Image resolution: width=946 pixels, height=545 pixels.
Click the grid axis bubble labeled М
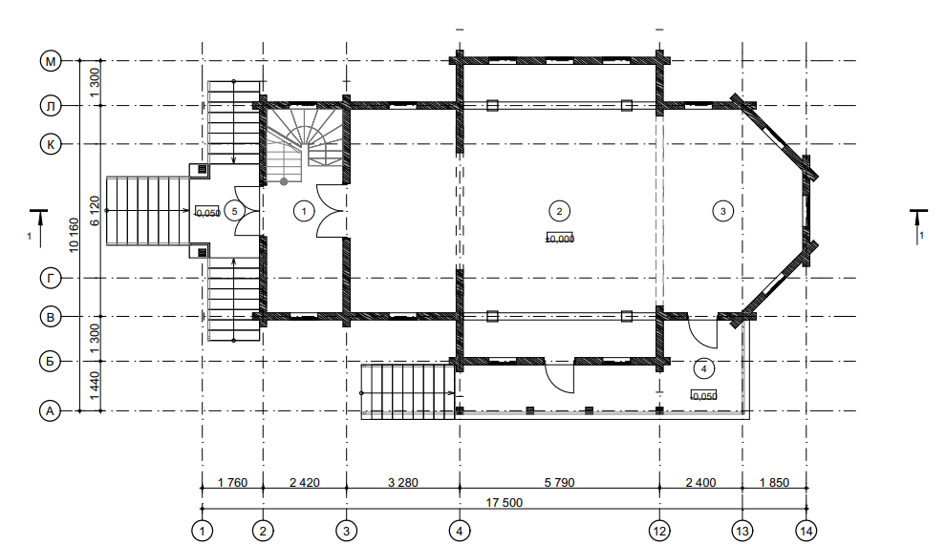(51, 61)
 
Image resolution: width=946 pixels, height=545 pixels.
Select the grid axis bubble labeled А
(51, 411)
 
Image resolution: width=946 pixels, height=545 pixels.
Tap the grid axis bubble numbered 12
(658, 531)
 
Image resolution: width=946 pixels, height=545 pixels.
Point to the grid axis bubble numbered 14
(806, 531)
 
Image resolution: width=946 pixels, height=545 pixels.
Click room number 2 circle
(559, 211)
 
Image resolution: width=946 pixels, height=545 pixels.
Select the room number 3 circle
(722, 211)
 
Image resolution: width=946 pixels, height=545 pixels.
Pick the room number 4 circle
(703, 367)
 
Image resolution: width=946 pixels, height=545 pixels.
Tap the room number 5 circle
(234, 211)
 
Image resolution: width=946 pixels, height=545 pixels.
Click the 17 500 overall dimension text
(505, 503)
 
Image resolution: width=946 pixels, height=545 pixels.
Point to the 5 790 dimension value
(559, 483)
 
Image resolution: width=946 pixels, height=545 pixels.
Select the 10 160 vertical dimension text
(74, 235)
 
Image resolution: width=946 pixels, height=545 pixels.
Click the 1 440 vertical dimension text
(94, 386)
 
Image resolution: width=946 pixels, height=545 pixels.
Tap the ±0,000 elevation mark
(560, 238)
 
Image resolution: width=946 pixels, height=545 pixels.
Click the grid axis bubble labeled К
(51, 144)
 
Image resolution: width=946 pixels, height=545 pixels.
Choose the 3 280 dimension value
(403, 483)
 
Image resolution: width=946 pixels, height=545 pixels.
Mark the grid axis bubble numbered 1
(203, 531)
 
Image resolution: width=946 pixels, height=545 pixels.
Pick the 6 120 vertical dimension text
(94, 211)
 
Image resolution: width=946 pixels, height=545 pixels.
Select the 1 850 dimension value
(775, 483)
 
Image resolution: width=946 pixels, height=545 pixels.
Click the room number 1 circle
(304, 211)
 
